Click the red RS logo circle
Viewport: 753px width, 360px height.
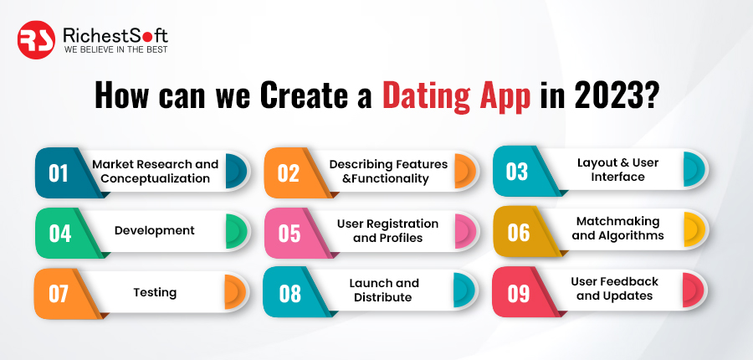(x=37, y=40)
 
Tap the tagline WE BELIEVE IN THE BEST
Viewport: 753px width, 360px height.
(x=115, y=49)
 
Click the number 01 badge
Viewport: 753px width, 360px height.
(x=59, y=173)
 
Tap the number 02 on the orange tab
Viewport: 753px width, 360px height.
(x=288, y=173)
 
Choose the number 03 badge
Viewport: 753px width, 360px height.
(x=517, y=172)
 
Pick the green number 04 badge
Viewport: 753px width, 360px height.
(x=59, y=233)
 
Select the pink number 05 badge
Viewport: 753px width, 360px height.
(x=289, y=233)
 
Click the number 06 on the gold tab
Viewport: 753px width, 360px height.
(x=519, y=232)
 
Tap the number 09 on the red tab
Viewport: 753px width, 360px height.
(x=519, y=294)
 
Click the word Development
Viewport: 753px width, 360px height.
(x=155, y=231)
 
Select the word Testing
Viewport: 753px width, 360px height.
(x=155, y=293)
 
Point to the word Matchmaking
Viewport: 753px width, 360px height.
(x=618, y=222)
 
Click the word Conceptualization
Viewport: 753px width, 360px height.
(x=155, y=178)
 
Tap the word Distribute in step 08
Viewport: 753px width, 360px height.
(x=383, y=297)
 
